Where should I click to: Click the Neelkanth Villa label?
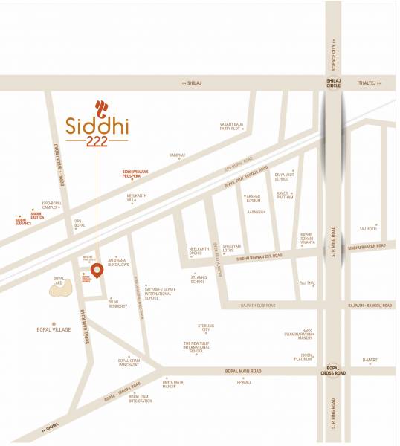[x=137, y=199]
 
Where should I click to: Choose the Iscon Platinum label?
[x=303, y=357]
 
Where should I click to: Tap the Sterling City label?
[x=205, y=328]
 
